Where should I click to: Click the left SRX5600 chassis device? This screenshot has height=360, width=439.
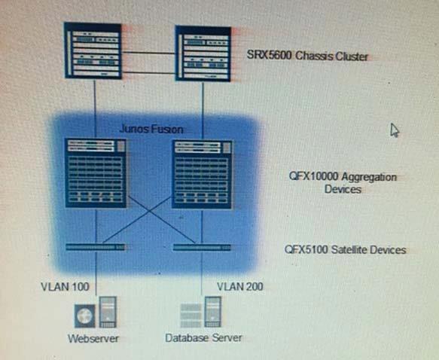[x=93, y=50]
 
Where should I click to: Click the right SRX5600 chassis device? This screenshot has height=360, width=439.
[x=203, y=53]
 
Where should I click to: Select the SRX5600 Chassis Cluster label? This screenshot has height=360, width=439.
[x=307, y=56]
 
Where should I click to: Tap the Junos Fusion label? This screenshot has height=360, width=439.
[x=151, y=129]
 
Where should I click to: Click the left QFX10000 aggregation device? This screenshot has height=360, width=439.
[x=96, y=173]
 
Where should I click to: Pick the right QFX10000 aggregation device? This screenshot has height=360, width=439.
[x=202, y=175]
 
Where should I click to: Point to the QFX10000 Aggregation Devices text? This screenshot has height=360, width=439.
[x=343, y=183]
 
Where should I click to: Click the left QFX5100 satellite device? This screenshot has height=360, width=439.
[x=96, y=247]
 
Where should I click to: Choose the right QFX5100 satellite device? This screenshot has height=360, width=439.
[x=202, y=248]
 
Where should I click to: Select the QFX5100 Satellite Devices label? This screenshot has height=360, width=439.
[x=345, y=249]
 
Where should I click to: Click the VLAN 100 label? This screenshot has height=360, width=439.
[x=65, y=287]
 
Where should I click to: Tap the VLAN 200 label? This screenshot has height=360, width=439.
[x=240, y=286]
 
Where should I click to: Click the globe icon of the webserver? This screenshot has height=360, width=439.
[x=85, y=316]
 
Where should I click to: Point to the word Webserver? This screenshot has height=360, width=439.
[x=93, y=338]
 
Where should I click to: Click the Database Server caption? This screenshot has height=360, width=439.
[x=203, y=337]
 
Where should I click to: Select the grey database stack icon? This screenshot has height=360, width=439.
[x=191, y=316]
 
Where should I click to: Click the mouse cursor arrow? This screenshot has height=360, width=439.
[x=395, y=130]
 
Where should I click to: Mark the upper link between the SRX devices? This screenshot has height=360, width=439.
[x=148, y=53]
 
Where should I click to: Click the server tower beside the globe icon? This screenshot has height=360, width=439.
[x=108, y=312]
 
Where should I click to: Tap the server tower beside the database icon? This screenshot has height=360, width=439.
[x=213, y=312]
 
